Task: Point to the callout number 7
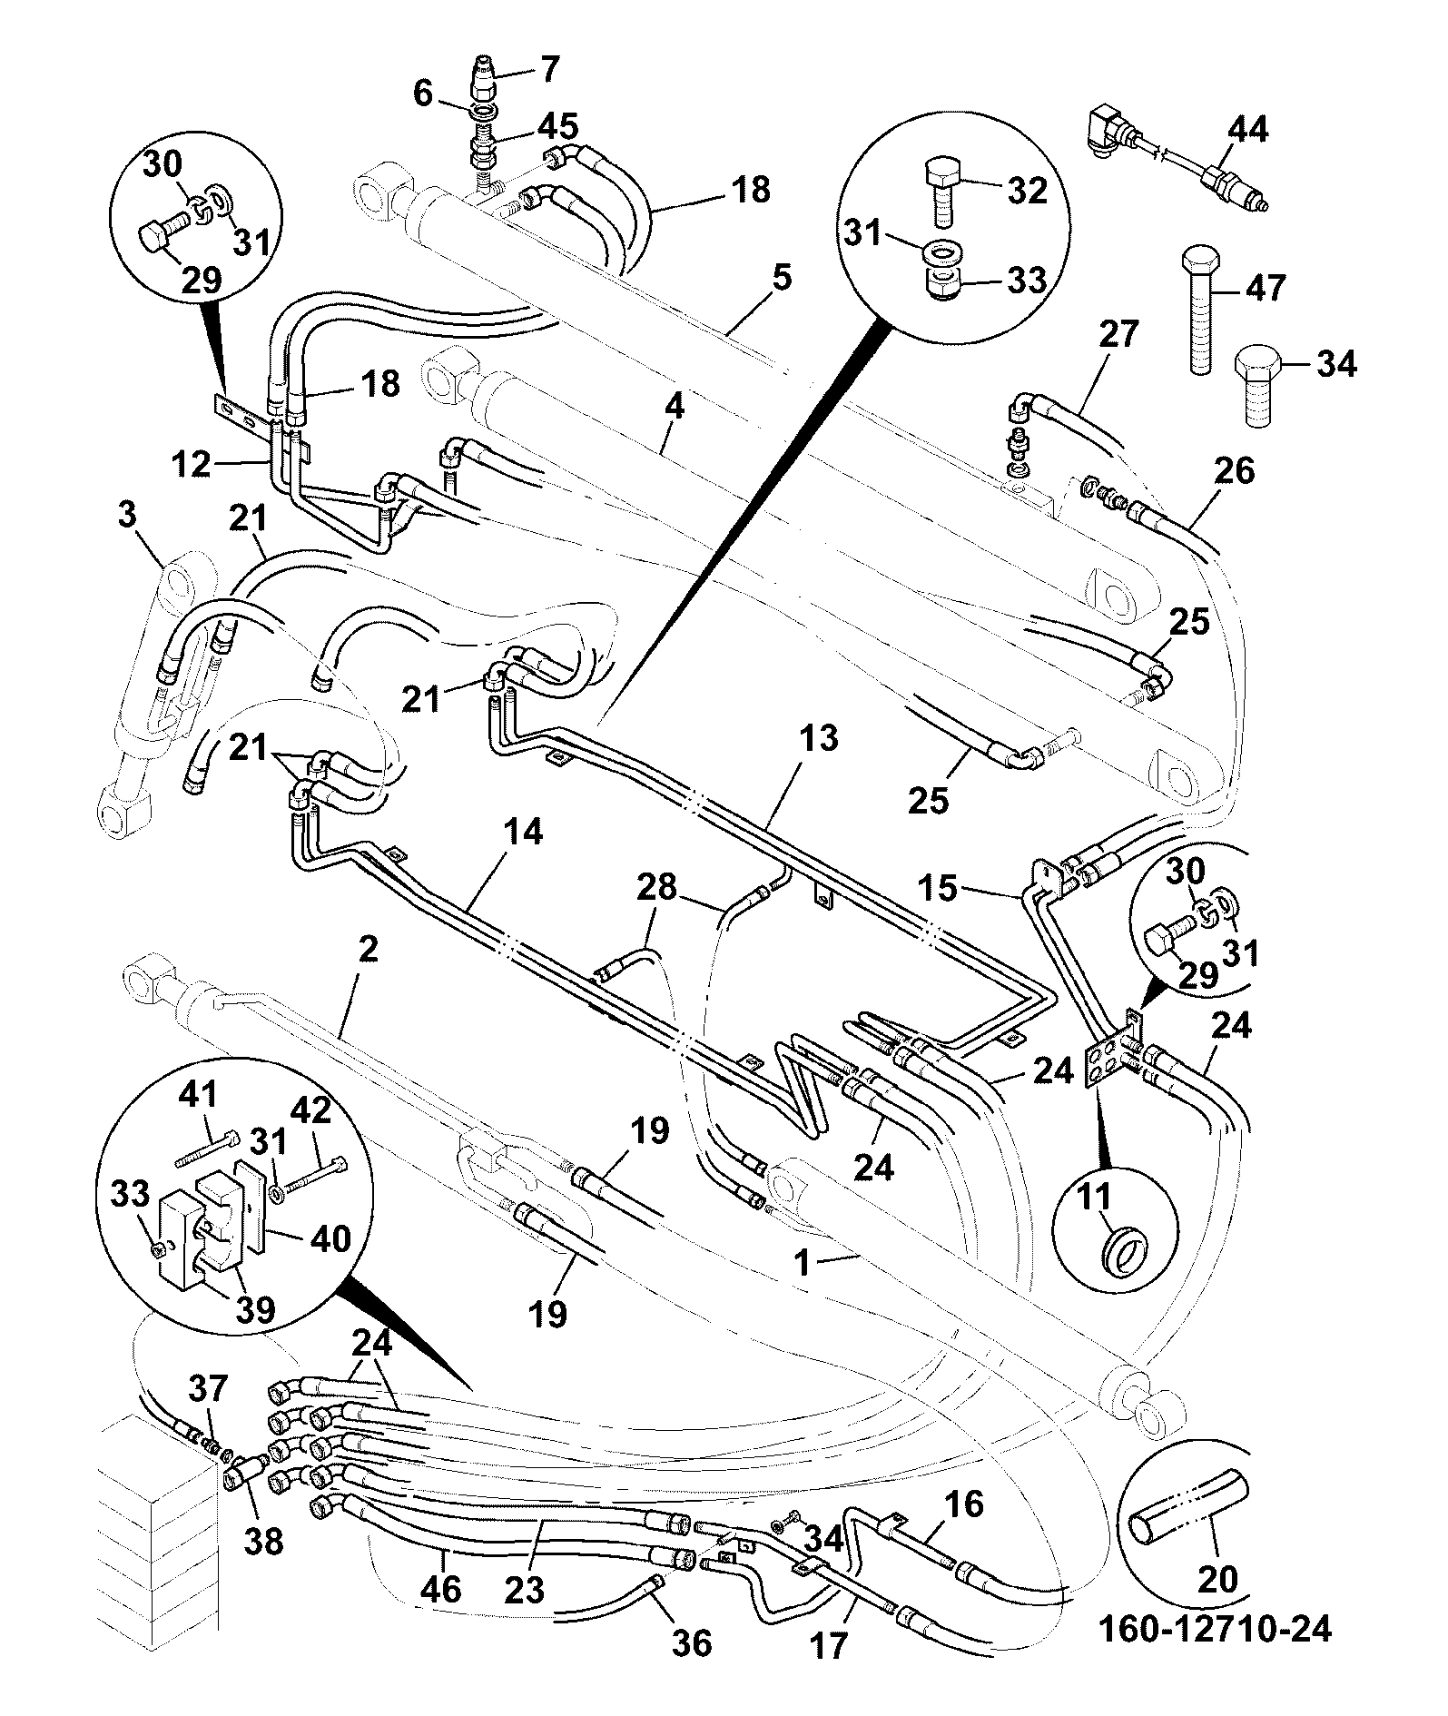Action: [550, 70]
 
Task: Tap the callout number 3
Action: [126, 516]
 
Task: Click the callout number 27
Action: [1118, 335]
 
